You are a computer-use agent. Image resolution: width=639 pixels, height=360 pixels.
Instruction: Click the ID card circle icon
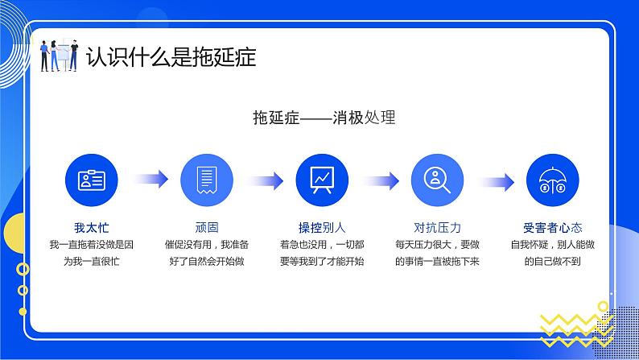tap(91, 180)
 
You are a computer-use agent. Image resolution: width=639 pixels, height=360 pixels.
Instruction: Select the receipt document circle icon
tap(207, 180)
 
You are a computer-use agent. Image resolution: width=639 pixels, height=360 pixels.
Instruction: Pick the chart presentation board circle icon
tap(322, 180)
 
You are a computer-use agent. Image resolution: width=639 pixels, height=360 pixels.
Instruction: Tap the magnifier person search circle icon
tap(438, 180)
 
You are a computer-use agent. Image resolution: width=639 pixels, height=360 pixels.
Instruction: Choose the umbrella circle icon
tap(552, 180)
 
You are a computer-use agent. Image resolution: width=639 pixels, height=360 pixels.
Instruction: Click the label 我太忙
tap(91, 227)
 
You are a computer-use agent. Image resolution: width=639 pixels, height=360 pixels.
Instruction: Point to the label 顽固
tap(207, 227)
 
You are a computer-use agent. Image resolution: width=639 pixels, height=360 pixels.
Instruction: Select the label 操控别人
tap(322, 227)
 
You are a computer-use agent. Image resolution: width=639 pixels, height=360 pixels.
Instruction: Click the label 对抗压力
tap(438, 227)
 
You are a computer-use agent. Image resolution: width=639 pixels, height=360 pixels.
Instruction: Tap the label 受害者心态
tap(552, 227)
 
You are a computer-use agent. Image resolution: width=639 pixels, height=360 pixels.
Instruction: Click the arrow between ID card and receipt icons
tap(150, 180)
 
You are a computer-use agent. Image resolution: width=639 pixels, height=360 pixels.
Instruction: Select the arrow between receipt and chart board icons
tap(265, 180)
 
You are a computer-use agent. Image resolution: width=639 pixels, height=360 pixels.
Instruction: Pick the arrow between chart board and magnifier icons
tap(380, 180)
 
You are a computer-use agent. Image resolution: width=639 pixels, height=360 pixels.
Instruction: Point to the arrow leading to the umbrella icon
tap(495, 180)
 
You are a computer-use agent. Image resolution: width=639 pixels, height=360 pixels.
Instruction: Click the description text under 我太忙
tap(91, 252)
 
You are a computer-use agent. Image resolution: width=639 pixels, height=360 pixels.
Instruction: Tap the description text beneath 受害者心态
tap(552, 252)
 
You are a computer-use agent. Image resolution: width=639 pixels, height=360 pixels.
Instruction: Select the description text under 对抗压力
tap(438, 252)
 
